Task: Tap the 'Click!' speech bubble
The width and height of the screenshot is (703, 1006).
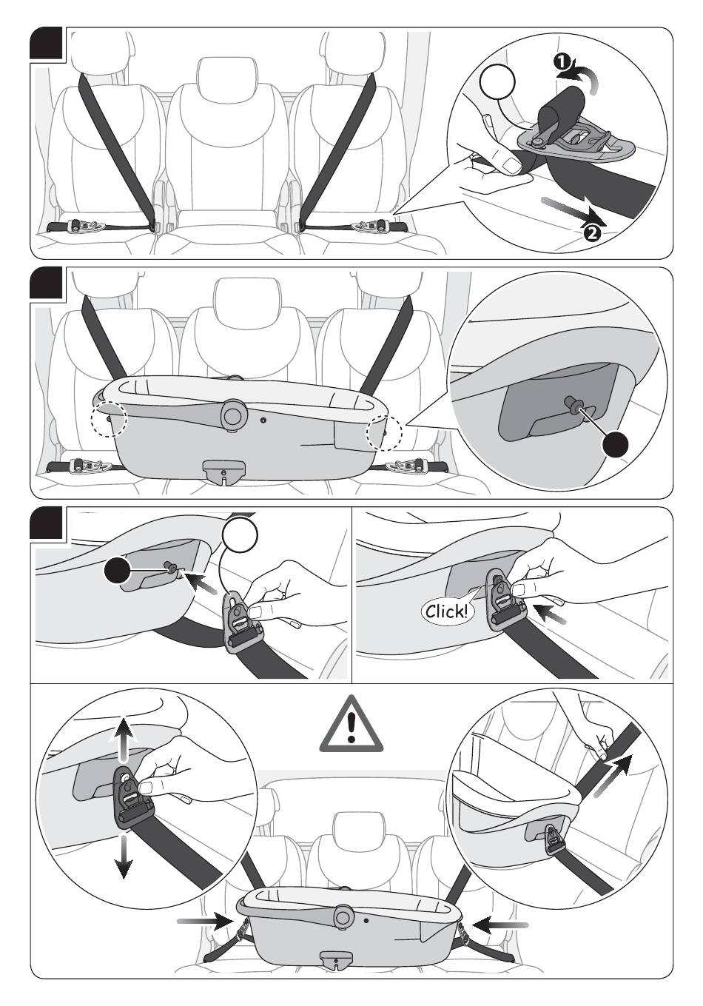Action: point(447,611)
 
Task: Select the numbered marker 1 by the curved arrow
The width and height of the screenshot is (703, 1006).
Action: point(562,61)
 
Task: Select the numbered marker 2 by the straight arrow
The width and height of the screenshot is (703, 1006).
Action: point(592,232)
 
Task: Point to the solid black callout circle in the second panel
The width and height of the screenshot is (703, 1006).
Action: point(615,445)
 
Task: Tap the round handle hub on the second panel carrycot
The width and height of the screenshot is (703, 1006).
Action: point(235,414)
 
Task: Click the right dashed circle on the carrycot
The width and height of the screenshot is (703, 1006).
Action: point(385,432)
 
